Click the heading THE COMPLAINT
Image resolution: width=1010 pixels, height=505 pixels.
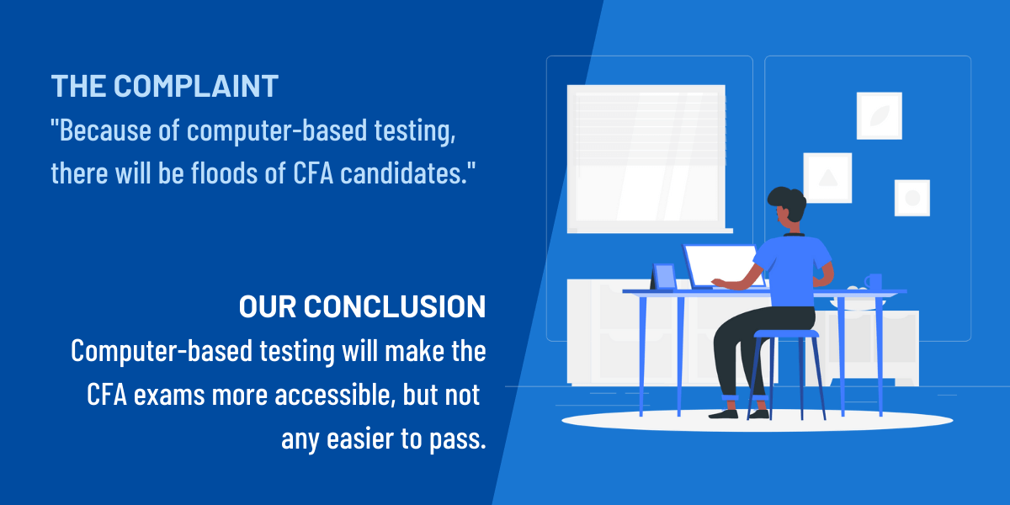(x=164, y=86)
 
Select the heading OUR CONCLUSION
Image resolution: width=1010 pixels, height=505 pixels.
(x=362, y=307)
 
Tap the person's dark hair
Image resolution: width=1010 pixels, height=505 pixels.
(x=787, y=202)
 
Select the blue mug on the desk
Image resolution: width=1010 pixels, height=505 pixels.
(x=873, y=282)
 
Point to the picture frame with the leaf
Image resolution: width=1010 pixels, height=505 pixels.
(x=879, y=115)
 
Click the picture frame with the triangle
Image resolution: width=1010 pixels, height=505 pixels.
(x=827, y=177)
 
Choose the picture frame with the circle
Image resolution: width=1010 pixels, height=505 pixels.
(x=912, y=198)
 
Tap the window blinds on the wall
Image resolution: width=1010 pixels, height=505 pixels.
(x=646, y=126)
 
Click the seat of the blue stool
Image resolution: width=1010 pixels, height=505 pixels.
(x=786, y=334)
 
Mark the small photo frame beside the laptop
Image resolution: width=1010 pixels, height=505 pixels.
(x=664, y=276)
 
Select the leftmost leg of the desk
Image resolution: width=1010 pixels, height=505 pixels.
(x=642, y=353)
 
